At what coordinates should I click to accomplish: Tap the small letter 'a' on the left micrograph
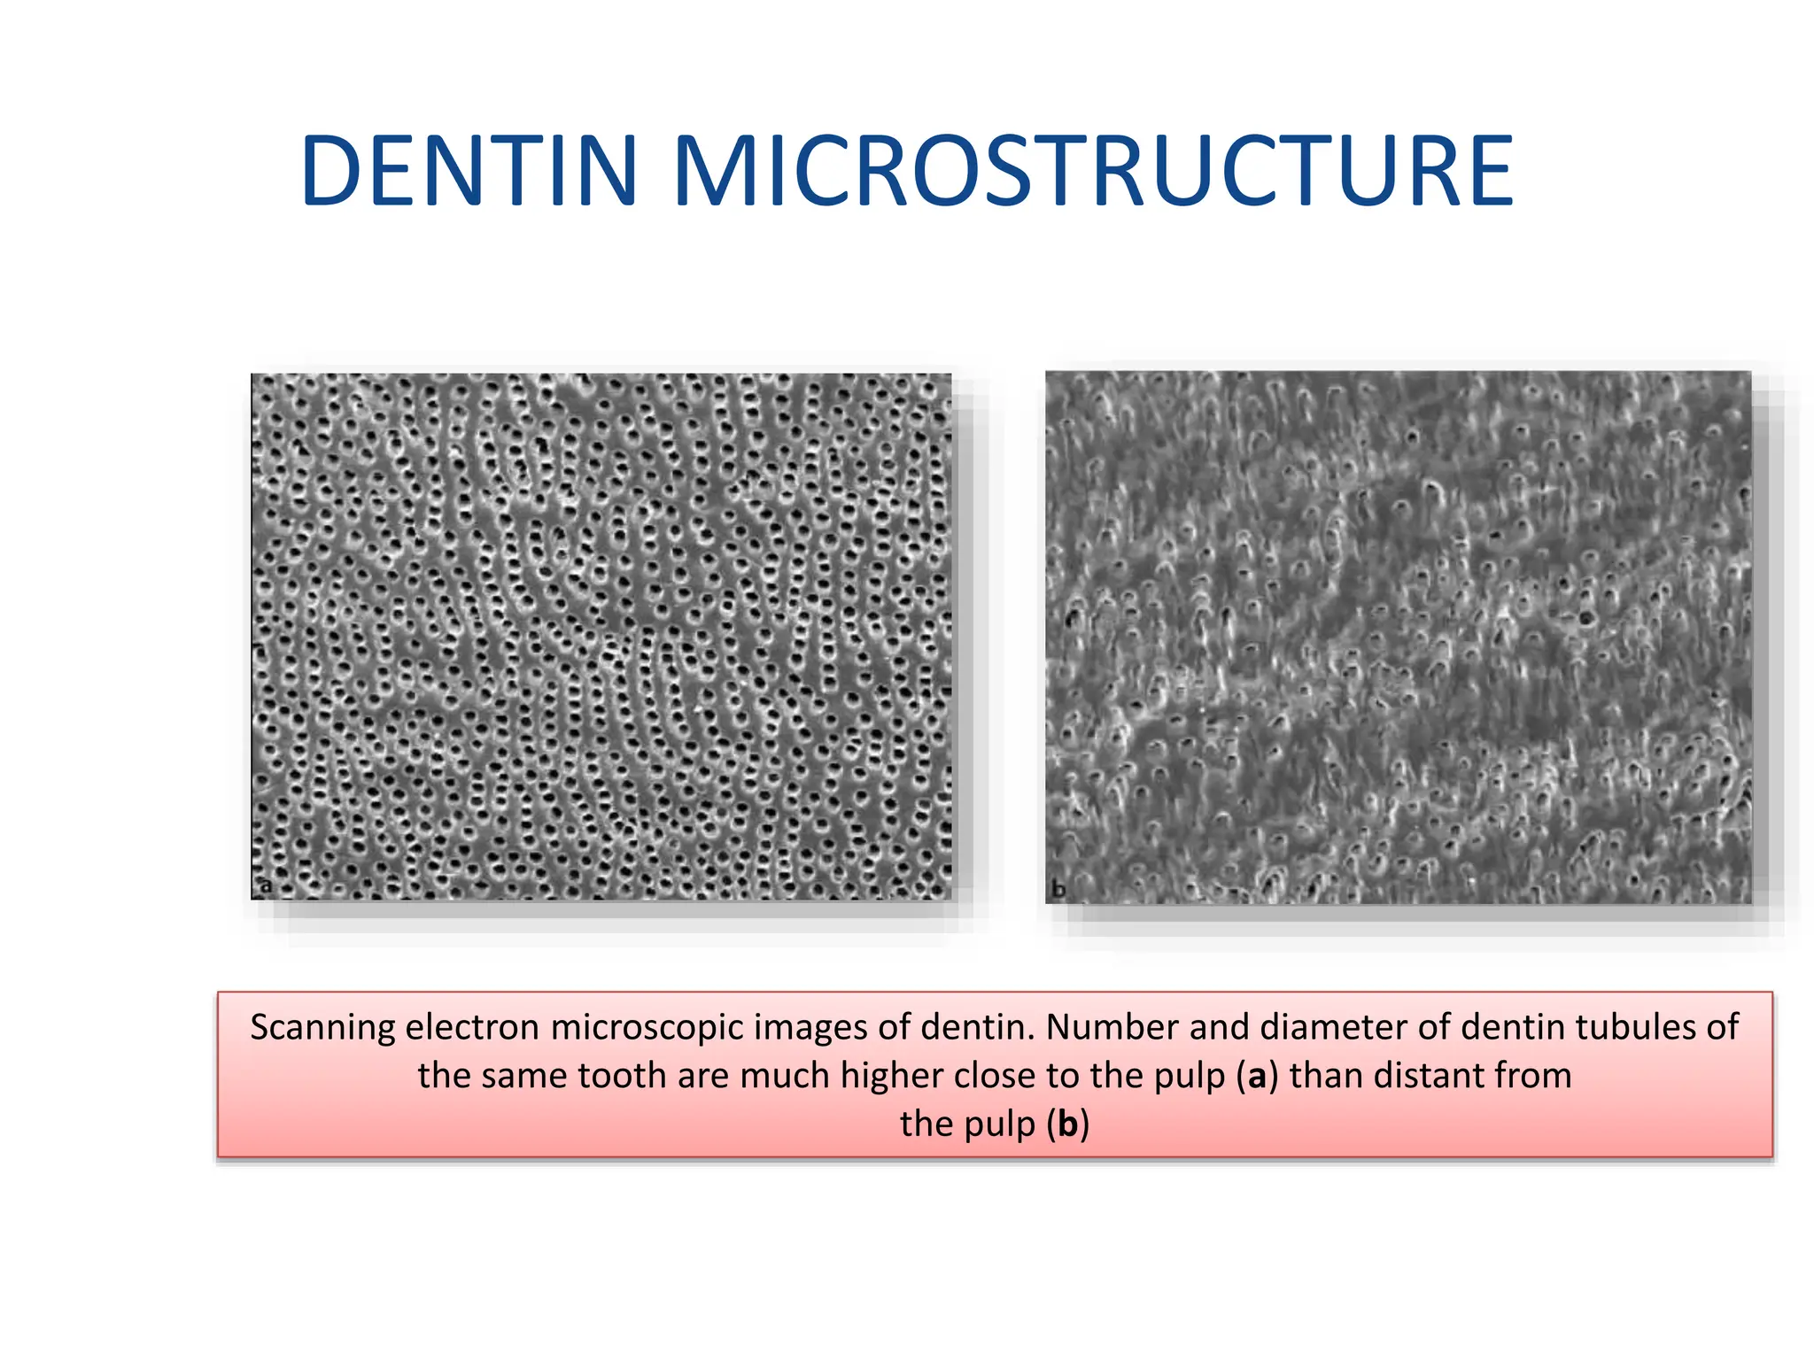tap(266, 885)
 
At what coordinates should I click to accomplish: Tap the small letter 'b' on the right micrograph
tap(1058, 888)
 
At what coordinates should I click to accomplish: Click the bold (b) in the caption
tap(1067, 1124)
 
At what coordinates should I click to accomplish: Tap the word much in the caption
tap(786, 1076)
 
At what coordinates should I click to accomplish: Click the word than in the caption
tap(1326, 1076)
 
